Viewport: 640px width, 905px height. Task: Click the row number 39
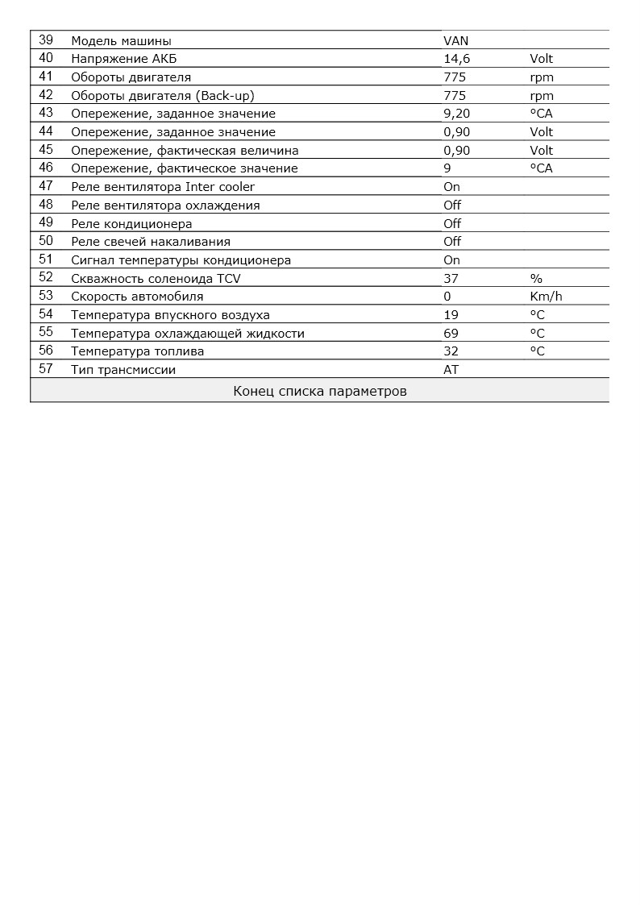tap(46, 39)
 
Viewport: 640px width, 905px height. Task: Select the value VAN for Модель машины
tap(455, 40)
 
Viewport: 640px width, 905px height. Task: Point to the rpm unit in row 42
tap(542, 95)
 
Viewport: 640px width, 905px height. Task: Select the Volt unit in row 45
tap(542, 150)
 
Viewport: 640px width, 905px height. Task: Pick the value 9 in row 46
tap(447, 168)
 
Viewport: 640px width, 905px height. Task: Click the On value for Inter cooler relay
tap(451, 187)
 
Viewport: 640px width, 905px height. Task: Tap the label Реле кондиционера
tap(131, 223)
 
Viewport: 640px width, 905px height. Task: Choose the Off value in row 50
tap(452, 242)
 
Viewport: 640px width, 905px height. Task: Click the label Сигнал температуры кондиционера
tap(181, 260)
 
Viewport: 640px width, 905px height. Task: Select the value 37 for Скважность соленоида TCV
tap(451, 279)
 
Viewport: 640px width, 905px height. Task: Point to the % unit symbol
tap(536, 279)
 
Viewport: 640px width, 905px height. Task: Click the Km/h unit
tap(546, 297)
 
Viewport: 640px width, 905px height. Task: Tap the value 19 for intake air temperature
tap(451, 315)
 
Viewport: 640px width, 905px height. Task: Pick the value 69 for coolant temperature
tap(451, 334)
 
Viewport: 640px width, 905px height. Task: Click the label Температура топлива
tap(137, 351)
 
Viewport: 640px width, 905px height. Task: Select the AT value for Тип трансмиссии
tap(451, 370)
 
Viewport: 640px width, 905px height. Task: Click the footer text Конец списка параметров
tap(320, 392)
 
